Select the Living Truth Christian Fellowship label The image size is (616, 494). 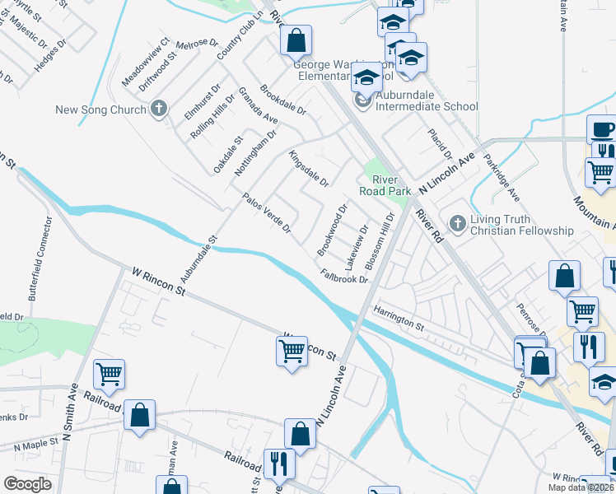(x=520, y=225)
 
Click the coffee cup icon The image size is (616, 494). (x=602, y=128)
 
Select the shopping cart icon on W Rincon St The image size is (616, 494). (x=292, y=350)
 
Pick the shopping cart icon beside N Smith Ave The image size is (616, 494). (x=109, y=374)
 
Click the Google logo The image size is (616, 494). (x=27, y=484)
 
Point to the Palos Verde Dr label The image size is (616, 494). (x=266, y=213)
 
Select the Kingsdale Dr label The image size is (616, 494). (x=308, y=168)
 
